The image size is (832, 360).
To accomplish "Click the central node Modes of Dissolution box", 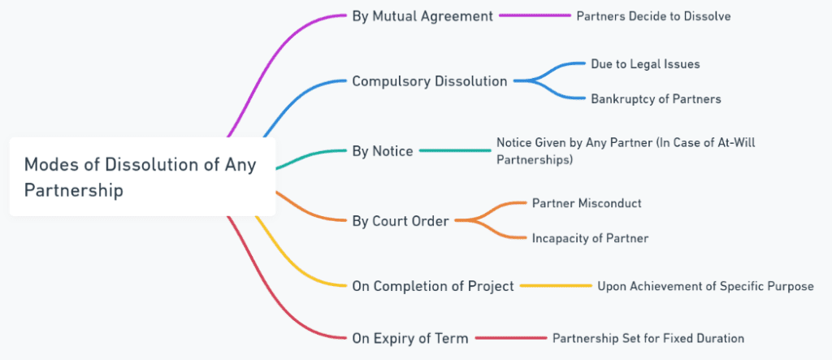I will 142,177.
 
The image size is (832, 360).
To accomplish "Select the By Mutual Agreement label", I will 422,15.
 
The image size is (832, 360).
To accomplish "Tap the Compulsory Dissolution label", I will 429,81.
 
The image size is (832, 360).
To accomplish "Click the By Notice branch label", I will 382,151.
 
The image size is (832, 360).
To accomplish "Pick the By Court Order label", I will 400,220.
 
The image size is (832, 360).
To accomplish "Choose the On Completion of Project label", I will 432,286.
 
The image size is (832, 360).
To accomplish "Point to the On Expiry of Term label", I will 409,337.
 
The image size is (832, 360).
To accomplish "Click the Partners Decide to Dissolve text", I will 653,16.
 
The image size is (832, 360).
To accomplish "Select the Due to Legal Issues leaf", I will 645,63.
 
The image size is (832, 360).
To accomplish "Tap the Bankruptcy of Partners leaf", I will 656,99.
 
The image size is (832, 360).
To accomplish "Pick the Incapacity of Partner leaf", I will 590,238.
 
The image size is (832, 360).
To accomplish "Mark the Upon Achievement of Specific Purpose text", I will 705,286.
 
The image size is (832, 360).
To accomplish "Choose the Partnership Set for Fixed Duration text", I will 648,337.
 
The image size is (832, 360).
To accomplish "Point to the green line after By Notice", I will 455,150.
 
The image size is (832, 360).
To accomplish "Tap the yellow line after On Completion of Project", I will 556,286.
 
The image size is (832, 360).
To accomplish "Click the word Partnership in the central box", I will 74,191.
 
